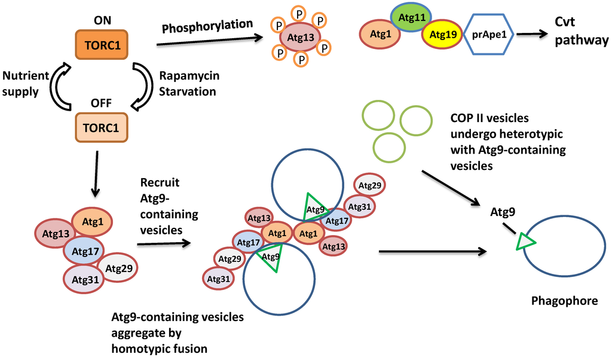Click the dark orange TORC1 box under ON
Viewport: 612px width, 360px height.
pos(102,44)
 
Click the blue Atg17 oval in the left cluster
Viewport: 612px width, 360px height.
pos(84,252)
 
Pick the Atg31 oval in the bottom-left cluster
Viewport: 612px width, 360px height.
pos(85,279)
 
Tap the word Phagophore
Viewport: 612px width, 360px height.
pos(564,301)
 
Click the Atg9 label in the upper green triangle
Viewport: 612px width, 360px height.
pos(315,209)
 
